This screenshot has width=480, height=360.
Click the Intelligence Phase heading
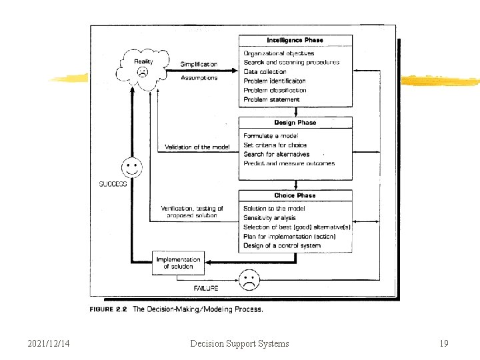pos(295,40)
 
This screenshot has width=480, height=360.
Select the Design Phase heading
pos(295,123)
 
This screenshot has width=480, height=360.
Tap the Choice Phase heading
pos(295,195)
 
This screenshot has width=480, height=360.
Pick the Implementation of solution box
pos(178,263)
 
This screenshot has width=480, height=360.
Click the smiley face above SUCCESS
pos(131,167)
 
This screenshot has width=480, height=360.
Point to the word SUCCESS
pos(113,184)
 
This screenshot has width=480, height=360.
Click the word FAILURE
pos(206,288)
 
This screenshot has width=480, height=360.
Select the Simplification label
pos(199,64)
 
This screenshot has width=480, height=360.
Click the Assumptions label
pos(199,78)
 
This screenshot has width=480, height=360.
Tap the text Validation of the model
pos(197,147)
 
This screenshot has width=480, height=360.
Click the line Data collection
pos(265,71)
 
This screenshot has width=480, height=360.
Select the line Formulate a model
pos(270,136)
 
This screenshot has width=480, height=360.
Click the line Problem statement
pos(271,99)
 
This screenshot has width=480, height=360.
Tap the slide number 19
pos(444,343)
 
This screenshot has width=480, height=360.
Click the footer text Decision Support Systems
pos(239,343)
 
